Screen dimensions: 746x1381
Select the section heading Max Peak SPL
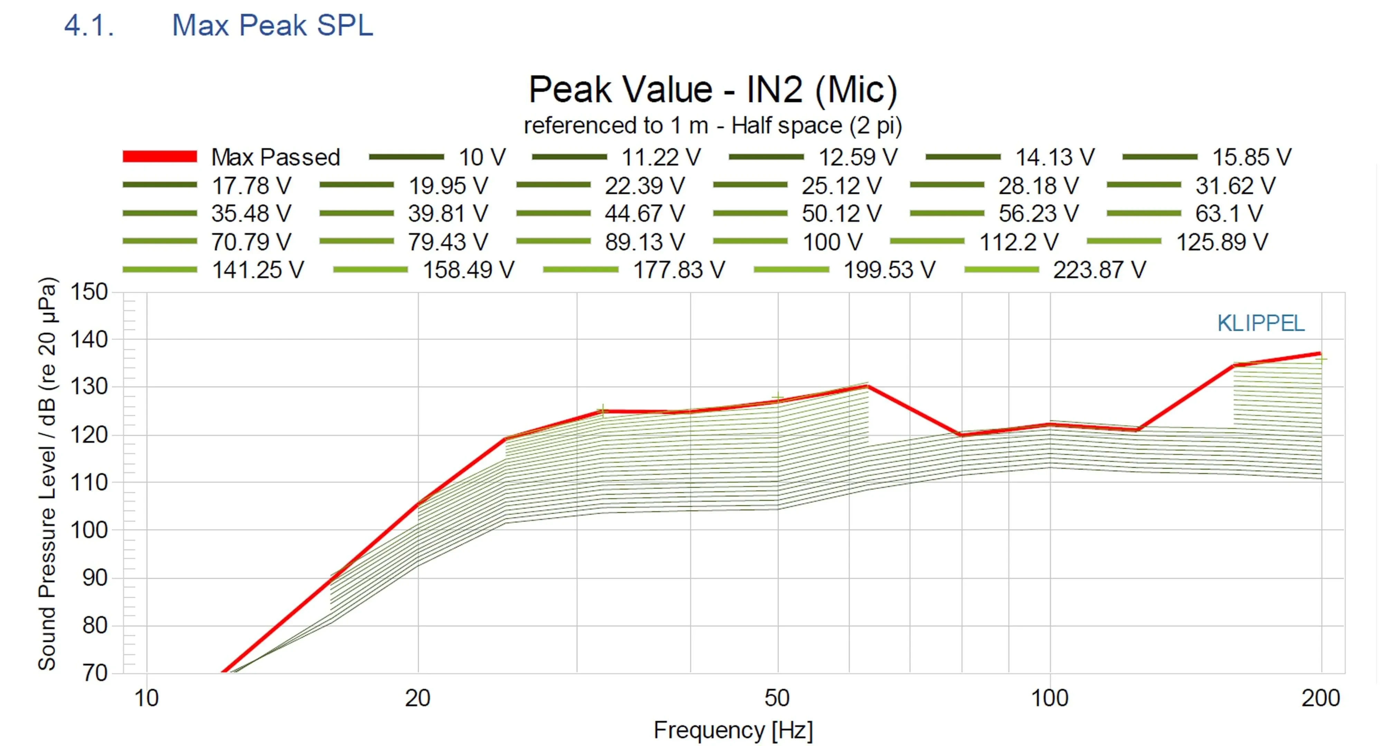(272, 25)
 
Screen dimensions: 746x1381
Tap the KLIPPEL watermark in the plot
(1260, 323)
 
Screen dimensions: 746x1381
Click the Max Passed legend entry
(275, 157)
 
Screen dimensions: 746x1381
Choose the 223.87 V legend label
(1099, 270)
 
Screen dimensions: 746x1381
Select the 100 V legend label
(832, 242)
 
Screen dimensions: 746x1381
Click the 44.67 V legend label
(645, 213)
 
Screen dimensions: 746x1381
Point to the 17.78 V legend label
(251, 185)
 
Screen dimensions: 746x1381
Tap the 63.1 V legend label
(1229, 213)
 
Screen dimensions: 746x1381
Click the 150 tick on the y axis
(89, 292)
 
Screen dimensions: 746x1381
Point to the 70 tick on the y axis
(95, 672)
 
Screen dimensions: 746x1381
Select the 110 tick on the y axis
(89, 482)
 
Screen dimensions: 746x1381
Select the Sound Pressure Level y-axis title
(47, 474)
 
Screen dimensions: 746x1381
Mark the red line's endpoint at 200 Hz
(1319, 353)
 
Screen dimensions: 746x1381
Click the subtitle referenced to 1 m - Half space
(713, 125)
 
